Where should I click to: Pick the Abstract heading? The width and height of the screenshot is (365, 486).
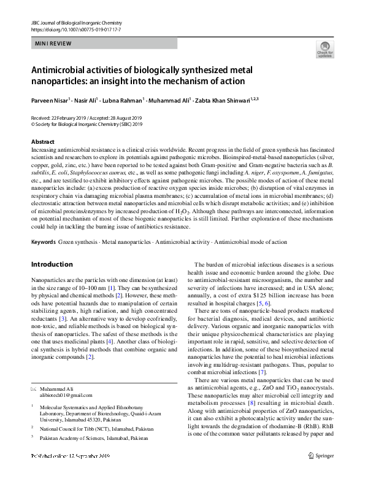[x=42, y=142]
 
